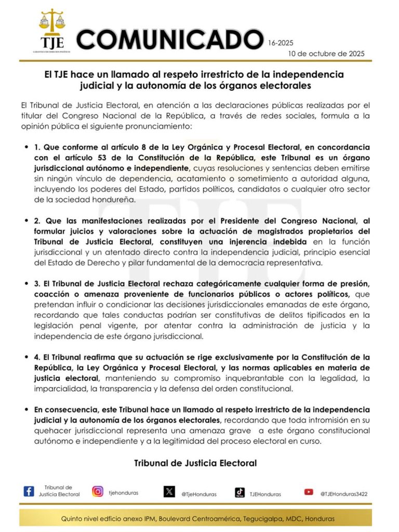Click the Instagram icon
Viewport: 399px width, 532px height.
pos(98,491)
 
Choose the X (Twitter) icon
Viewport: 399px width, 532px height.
pos(169,491)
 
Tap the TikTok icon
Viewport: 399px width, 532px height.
pos(240,491)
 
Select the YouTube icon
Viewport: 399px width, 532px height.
pos(309,491)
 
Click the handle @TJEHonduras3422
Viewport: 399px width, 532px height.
pos(343,494)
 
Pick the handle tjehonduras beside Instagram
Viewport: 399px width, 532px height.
pos(124,492)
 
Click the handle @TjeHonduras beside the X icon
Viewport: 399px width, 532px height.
pos(199,494)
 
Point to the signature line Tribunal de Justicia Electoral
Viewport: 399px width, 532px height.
pos(195,462)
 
